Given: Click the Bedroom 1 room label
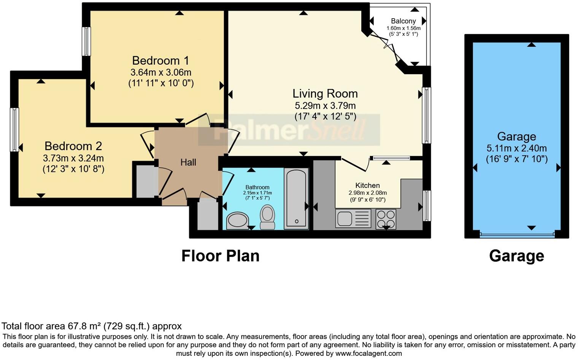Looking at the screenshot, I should coord(160,61).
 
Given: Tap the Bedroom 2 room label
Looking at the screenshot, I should coord(73,146).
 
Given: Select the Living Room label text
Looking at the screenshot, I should coord(325,94).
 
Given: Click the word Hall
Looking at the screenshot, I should coord(188,163).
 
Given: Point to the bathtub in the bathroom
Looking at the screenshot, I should coord(296,199).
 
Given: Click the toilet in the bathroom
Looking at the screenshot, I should coord(268,217).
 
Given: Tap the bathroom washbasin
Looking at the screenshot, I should coord(237,221).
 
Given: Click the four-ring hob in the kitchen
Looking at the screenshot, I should coord(386,219).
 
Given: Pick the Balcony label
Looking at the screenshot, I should coord(403,21).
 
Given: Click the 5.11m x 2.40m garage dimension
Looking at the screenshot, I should coord(516,149).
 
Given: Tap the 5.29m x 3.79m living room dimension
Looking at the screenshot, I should coord(325,106).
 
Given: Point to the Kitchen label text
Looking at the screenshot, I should coord(367,186).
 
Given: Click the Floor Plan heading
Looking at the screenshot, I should coord(220,256).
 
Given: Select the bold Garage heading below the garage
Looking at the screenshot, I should coord(516,256).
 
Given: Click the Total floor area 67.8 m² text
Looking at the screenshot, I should coord(91,326).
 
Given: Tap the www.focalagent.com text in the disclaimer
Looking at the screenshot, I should coord(368,354).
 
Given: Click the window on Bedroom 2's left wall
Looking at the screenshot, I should coord(14,130).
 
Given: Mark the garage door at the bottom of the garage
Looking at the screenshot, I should coord(517,235).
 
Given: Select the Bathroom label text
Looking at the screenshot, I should coord(257,187).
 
